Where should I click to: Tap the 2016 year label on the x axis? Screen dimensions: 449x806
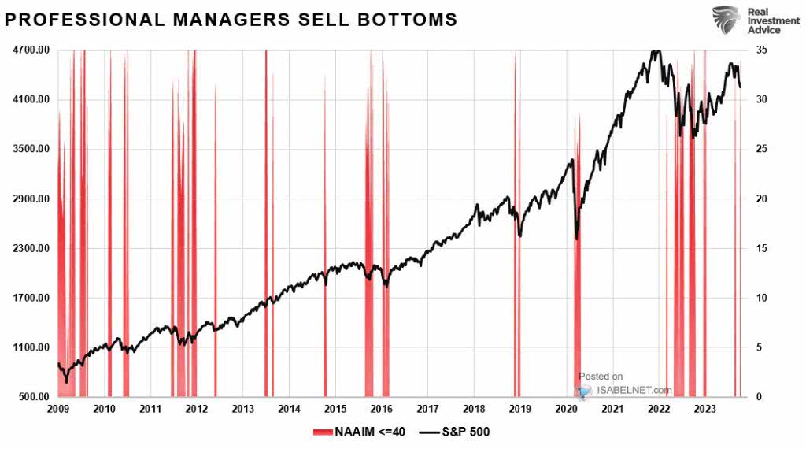pyautogui.click(x=382, y=410)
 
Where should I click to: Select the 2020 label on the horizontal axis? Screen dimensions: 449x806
pyautogui.click(x=567, y=410)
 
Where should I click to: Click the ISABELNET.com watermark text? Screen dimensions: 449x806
pyautogui.click(x=635, y=389)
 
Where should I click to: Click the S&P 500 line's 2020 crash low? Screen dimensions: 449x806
pyautogui.click(x=577, y=238)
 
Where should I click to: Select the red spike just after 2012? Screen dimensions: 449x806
pyautogui.click(x=215, y=236)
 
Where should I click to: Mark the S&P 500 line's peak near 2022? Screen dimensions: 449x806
pyautogui.click(x=656, y=52)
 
